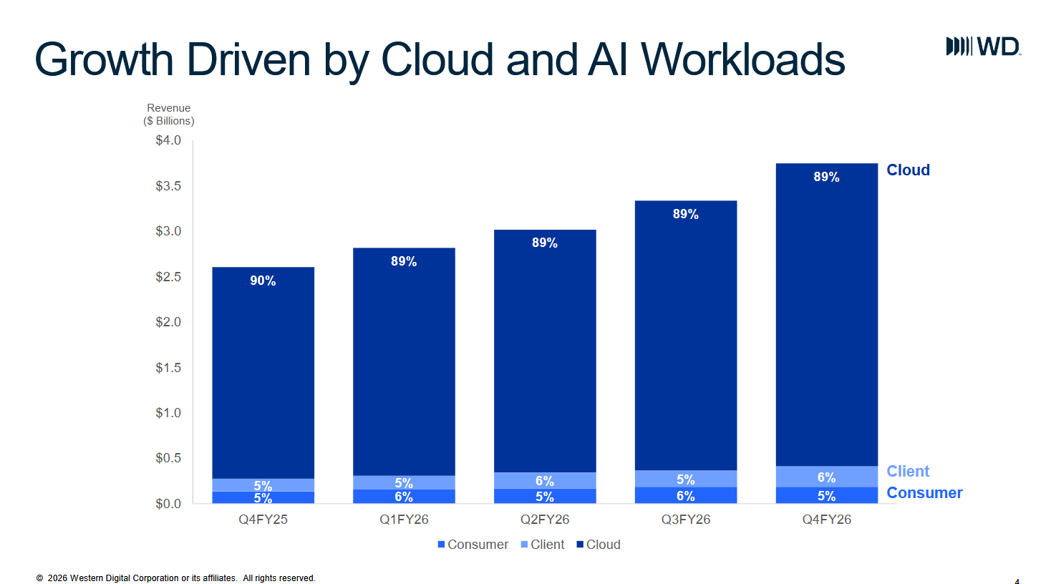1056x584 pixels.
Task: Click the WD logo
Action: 984,47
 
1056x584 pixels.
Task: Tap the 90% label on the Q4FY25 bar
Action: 263,281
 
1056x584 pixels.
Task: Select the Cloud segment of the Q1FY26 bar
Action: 404,361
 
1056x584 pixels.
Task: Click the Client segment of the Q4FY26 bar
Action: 827,477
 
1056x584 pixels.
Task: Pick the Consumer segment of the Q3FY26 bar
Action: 686,495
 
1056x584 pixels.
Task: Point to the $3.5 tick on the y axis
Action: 168,185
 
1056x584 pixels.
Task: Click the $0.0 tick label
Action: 168,504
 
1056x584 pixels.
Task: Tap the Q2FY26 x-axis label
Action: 545,520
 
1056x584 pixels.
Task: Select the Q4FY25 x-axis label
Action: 263,520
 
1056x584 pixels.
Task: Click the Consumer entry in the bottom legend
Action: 473,545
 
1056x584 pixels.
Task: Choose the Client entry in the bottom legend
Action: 542,545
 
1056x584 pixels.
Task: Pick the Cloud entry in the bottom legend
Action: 599,545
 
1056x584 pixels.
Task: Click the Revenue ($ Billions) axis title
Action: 169,115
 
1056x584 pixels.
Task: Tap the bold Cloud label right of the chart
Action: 908,170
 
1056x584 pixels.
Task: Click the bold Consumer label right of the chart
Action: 924,492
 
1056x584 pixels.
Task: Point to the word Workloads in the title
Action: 742,59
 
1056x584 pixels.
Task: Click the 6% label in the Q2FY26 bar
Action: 545,481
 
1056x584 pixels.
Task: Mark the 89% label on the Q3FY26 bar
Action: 685,214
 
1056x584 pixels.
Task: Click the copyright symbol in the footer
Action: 39,578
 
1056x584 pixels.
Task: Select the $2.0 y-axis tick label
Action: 168,322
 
